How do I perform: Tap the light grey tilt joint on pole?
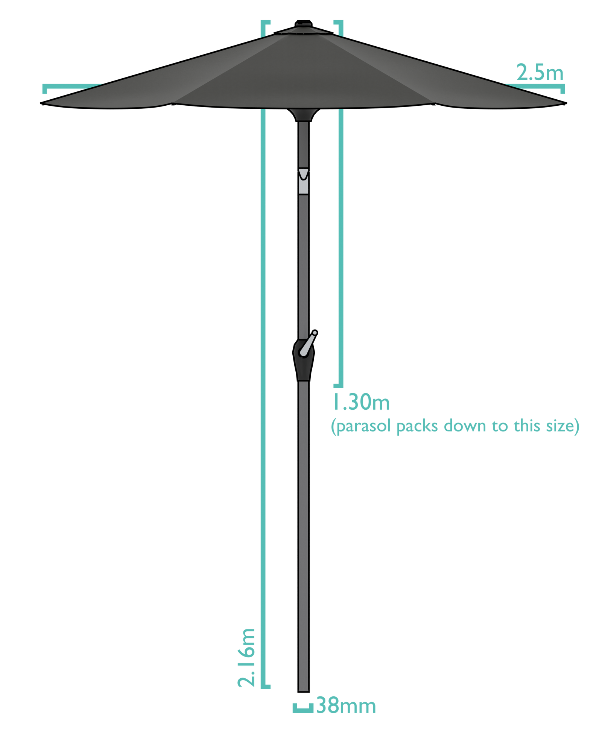(303, 181)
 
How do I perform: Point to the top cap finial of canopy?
(303, 26)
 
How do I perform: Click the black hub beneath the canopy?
(303, 114)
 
